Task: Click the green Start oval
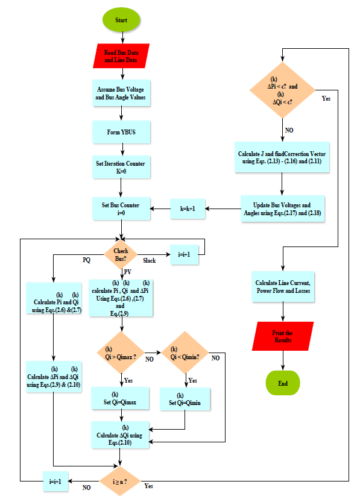tap(121, 19)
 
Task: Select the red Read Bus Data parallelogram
tap(121, 56)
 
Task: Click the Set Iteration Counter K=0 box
tap(121, 168)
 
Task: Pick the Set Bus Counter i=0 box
tap(121, 209)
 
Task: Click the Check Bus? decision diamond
tap(121, 255)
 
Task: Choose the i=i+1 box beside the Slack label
tap(185, 254)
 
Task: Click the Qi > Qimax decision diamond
tap(121, 353)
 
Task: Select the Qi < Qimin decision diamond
tap(185, 353)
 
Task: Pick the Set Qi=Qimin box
tap(185, 399)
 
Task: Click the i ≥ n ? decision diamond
tap(121, 480)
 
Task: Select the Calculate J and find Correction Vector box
tap(282, 157)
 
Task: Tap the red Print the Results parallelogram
tap(282, 336)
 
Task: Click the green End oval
tap(282, 383)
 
